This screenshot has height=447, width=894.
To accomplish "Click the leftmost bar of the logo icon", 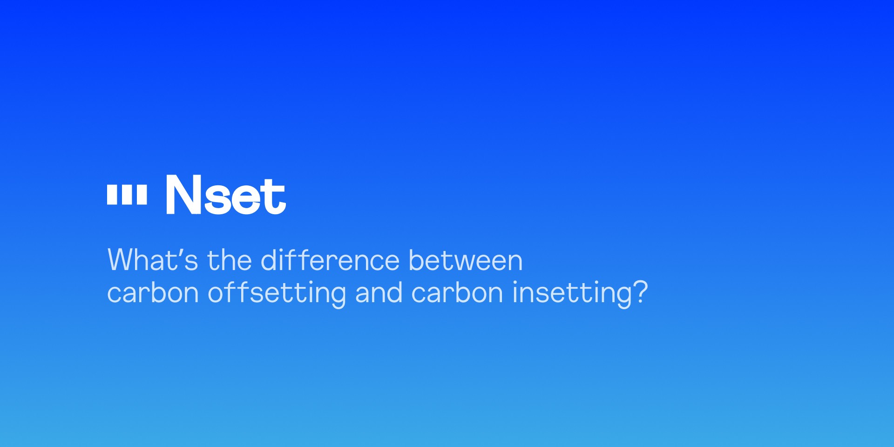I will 112,195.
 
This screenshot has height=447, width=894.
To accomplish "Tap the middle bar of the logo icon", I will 127,195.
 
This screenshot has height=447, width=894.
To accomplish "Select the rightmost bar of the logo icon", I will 142,195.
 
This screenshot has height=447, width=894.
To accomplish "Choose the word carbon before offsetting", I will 153,293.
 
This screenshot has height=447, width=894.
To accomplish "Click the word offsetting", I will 277,293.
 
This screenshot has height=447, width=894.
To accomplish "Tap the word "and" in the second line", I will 378,293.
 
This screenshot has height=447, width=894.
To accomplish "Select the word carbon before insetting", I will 457,293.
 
